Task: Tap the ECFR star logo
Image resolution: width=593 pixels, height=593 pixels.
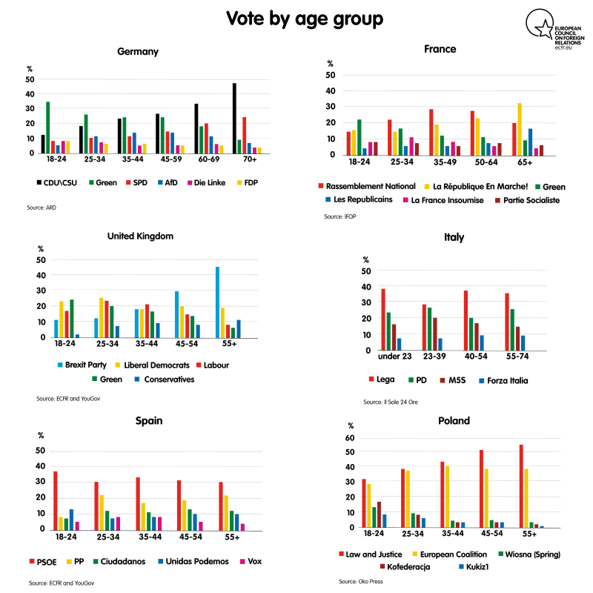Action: coord(539,28)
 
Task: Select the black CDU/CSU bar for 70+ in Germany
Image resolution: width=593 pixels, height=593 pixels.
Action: coord(234,118)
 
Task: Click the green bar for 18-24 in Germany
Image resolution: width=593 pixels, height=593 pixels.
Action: coord(48,127)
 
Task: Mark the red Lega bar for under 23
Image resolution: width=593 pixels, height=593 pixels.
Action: coord(383,319)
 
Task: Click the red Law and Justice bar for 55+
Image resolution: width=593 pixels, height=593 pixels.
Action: coord(521,486)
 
